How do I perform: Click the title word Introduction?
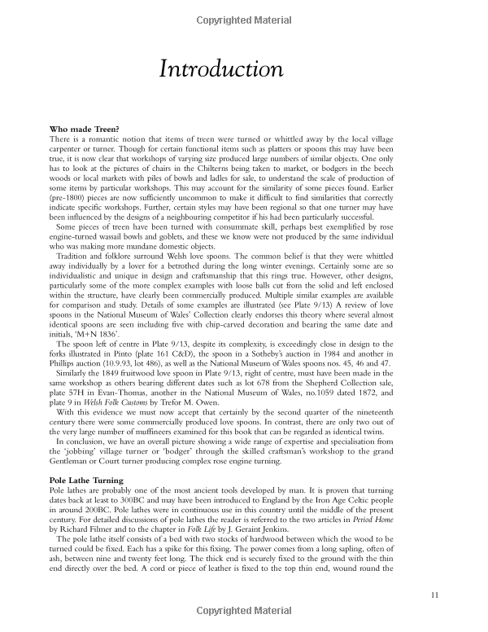coord(220,69)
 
